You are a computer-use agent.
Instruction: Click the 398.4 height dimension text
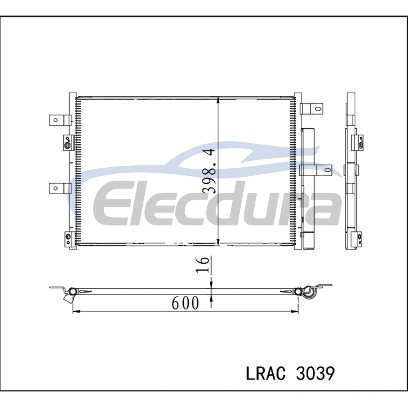(x=209, y=171)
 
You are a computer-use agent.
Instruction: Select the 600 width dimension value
(x=185, y=303)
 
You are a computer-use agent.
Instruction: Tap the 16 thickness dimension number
(x=203, y=265)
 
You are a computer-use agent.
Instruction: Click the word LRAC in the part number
(x=266, y=373)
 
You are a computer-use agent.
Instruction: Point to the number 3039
(x=315, y=373)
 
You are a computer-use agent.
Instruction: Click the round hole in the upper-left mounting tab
(x=56, y=120)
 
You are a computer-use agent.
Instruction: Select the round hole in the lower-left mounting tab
(x=56, y=188)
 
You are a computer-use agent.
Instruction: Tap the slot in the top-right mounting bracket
(x=317, y=108)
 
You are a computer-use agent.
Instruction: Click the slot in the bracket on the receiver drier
(x=327, y=170)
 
